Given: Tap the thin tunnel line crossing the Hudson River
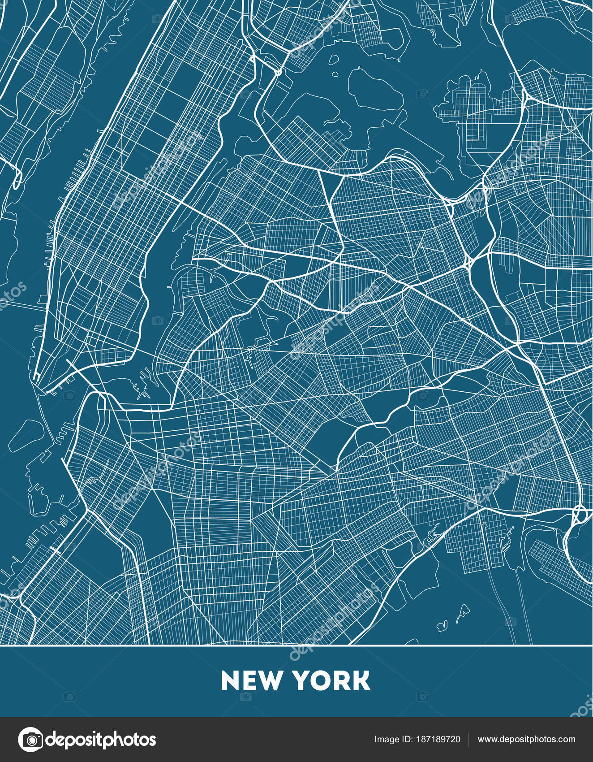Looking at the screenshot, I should (x=22, y=306).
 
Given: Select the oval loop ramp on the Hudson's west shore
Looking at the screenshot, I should (x=17, y=179).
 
